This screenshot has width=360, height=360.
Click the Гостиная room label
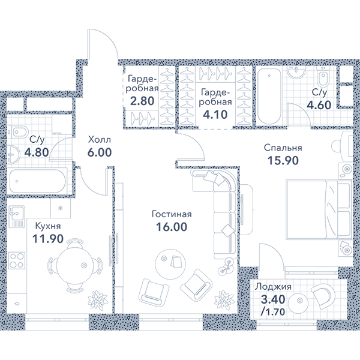(x=172, y=214)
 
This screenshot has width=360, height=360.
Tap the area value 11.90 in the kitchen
(x=48, y=239)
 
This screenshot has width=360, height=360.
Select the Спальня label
(x=283, y=148)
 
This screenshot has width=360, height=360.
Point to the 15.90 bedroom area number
(x=283, y=160)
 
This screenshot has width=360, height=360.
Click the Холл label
(x=100, y=140)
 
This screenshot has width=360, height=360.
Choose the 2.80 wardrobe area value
(x=142, y=101)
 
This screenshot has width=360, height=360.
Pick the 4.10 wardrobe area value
(x=215, y=115)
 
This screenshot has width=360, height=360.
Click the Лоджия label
(x=273, y=287)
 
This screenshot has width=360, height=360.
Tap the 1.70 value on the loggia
(x=273, y=311)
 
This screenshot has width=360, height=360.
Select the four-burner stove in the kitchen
(x=17, y=260)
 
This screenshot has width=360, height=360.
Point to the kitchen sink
(x=16, y=217)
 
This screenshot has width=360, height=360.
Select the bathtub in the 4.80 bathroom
(x=38, y=181)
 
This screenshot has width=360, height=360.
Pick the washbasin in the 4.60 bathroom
(x=296, y=71)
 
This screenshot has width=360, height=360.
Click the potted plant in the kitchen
(x=97, y=298)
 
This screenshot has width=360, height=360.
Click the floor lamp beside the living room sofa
(x=226, y=266)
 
